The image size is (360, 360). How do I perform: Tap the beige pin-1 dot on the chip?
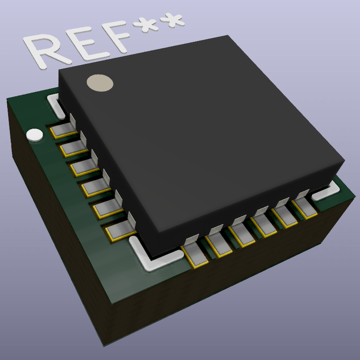coord(100,83)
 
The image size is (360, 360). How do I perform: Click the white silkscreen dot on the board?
coord(35,135)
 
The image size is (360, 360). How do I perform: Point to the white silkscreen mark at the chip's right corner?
coord(326,192)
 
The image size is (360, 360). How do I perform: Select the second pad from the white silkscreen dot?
coord(72,149)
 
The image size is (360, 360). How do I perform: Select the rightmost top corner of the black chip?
coord(344,161)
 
